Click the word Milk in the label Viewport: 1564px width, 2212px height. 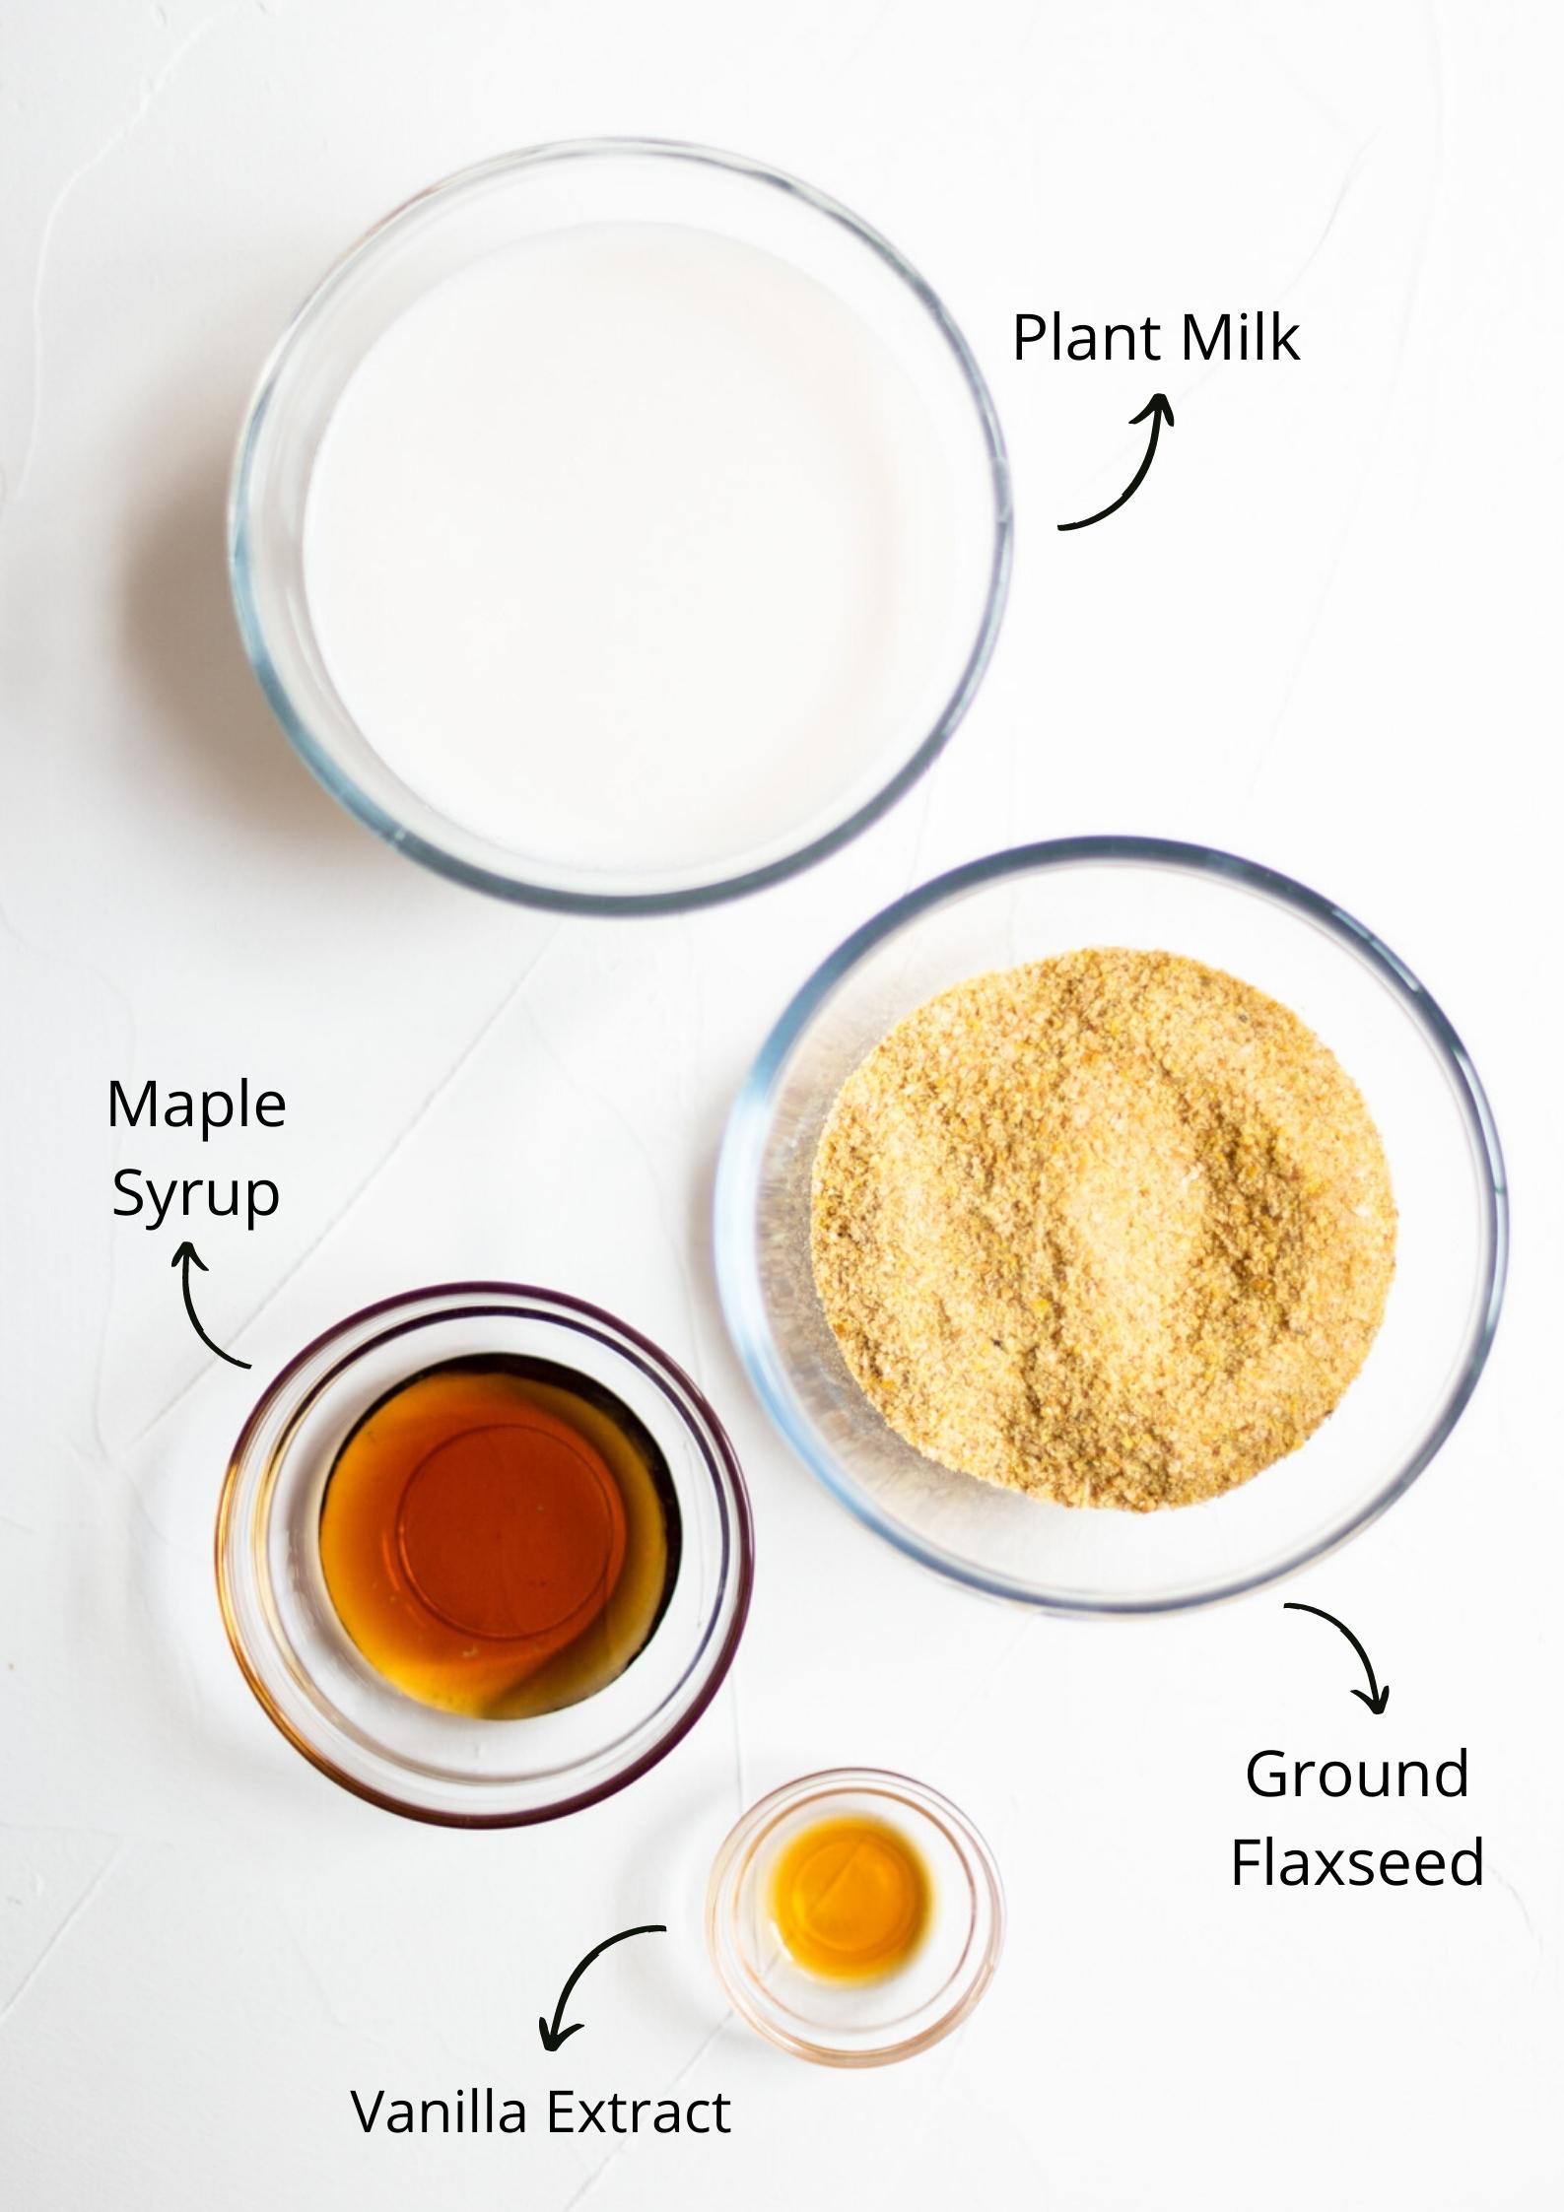pos(1240,338)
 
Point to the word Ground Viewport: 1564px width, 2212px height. pos(1357,1775)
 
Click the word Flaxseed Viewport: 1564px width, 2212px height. pos(1357,1862)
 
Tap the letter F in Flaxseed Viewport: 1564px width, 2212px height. pos(1246,1862)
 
